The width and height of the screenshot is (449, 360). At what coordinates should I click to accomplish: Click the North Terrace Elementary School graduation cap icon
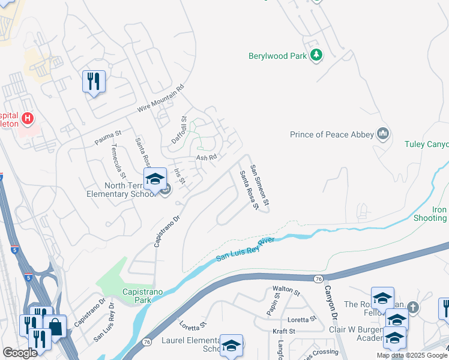[154, 178]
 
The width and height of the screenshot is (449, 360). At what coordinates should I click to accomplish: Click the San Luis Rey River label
[245, 250]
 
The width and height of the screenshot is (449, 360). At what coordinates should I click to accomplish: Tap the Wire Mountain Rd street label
[160, 98]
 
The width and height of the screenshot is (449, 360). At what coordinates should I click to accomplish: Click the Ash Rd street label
[206, 158]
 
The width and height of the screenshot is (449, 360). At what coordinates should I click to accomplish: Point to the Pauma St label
[108, 137]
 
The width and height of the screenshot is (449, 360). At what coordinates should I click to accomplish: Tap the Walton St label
[286, 291]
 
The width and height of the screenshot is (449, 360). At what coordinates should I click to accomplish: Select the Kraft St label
[284, 331]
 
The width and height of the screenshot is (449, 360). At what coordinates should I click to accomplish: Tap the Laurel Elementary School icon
[231, 344]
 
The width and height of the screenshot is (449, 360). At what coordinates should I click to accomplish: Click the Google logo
[20, 353]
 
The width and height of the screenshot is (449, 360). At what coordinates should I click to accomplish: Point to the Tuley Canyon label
[426, 144]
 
